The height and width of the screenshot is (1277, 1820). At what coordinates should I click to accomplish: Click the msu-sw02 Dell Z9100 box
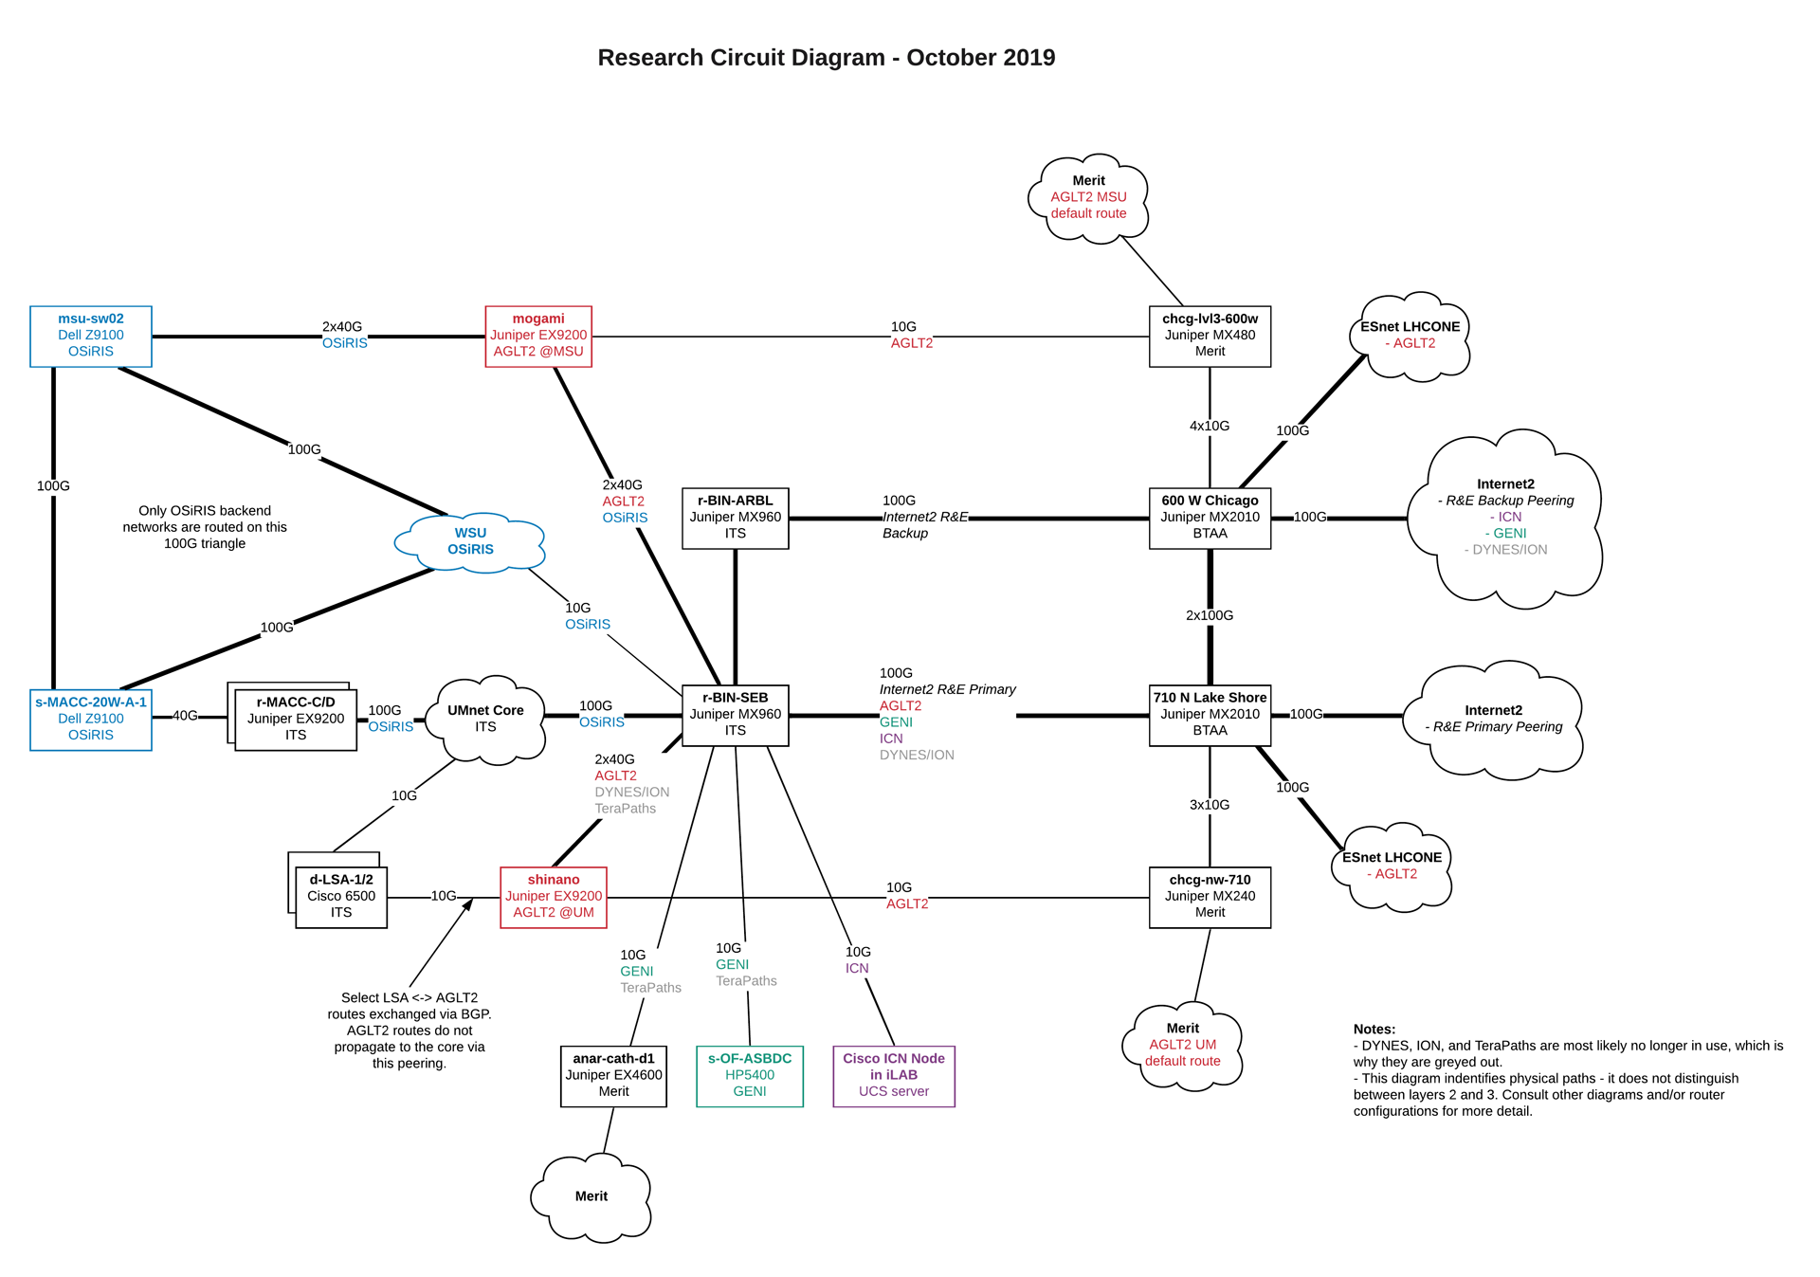click(x=91, y=336)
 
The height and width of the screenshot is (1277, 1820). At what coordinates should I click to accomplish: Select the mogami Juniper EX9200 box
click(x=538, y=336)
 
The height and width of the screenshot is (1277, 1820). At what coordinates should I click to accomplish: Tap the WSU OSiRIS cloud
click(x=470, y=541)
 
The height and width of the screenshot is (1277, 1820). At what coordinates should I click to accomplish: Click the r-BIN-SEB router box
click(x=736, y=714)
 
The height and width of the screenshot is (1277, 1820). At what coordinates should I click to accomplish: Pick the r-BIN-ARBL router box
click(x=736, y=518)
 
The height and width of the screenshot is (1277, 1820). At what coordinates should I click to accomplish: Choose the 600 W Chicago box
click(x=1210, y=518)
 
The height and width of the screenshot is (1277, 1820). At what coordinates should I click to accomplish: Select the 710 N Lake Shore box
click(x=1210, y=714)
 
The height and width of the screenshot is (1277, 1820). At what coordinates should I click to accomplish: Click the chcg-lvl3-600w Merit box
click(x=1210, y=336)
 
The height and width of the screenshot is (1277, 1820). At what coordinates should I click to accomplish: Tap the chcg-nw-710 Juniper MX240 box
click(x=1210, y=897)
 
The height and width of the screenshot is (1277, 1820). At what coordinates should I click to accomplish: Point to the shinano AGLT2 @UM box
click(x=554, y=897)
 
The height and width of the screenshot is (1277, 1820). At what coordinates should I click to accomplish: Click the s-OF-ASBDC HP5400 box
click(x=750, y=1075)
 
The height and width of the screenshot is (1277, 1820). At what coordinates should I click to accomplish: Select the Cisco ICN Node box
click(x=894, y=1075)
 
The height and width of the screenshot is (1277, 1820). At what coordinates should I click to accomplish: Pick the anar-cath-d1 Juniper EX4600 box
click(x=613, y=1075)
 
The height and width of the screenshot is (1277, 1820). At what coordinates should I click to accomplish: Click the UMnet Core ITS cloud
click(x=485, y=719)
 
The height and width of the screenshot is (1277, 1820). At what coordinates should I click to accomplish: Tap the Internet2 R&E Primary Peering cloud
click(x=1493, y=719)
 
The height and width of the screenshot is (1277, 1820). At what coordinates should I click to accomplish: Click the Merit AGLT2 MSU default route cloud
click(x=1088, y=197)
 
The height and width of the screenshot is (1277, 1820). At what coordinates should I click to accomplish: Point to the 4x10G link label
click(x=1210, y=426)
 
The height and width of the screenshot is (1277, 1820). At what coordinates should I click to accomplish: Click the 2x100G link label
click(x=1210, y=615)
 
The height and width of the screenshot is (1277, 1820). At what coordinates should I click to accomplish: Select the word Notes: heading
click(x=1374, y=1030)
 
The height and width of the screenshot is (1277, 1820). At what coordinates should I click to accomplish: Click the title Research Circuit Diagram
click(x=826, y=58)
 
